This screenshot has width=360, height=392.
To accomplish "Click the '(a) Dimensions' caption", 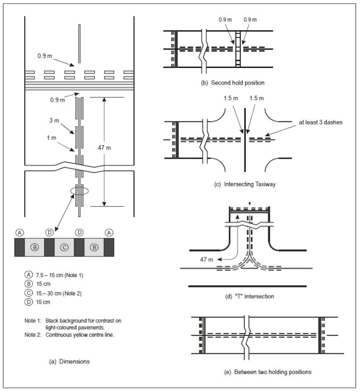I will click(70, 361).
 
